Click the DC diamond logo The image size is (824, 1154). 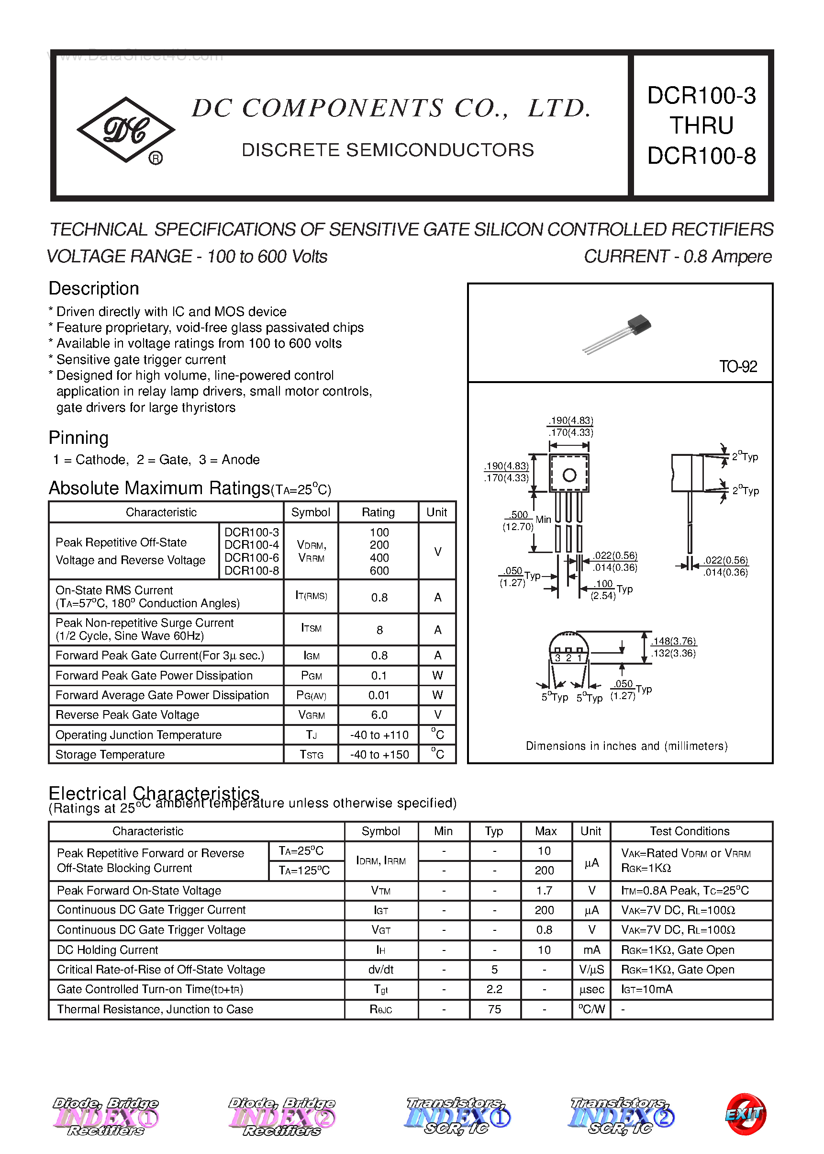tap(126, 130)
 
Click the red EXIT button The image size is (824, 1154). tap(746, 1114)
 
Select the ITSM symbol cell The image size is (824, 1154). tap(311, 629)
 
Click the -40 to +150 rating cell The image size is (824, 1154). tap(379, 755)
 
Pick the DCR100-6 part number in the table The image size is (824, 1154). tap(252, 557)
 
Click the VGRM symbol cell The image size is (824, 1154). tap(311, 715)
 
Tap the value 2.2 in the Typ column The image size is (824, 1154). tap(494, 989)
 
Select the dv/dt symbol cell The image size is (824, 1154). tap(380, 969)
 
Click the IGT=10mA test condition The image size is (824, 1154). tap(647, 989)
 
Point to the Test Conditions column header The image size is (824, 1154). tap(690, 831)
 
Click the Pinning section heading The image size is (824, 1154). tap(78, 438)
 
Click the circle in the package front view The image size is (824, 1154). tap(569, 475)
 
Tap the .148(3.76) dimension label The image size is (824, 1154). tap(673, 641)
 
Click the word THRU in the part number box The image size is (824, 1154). tap(701, 125)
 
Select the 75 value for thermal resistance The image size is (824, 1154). tap(494, 1009)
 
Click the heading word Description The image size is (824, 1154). tap(94, 288)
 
